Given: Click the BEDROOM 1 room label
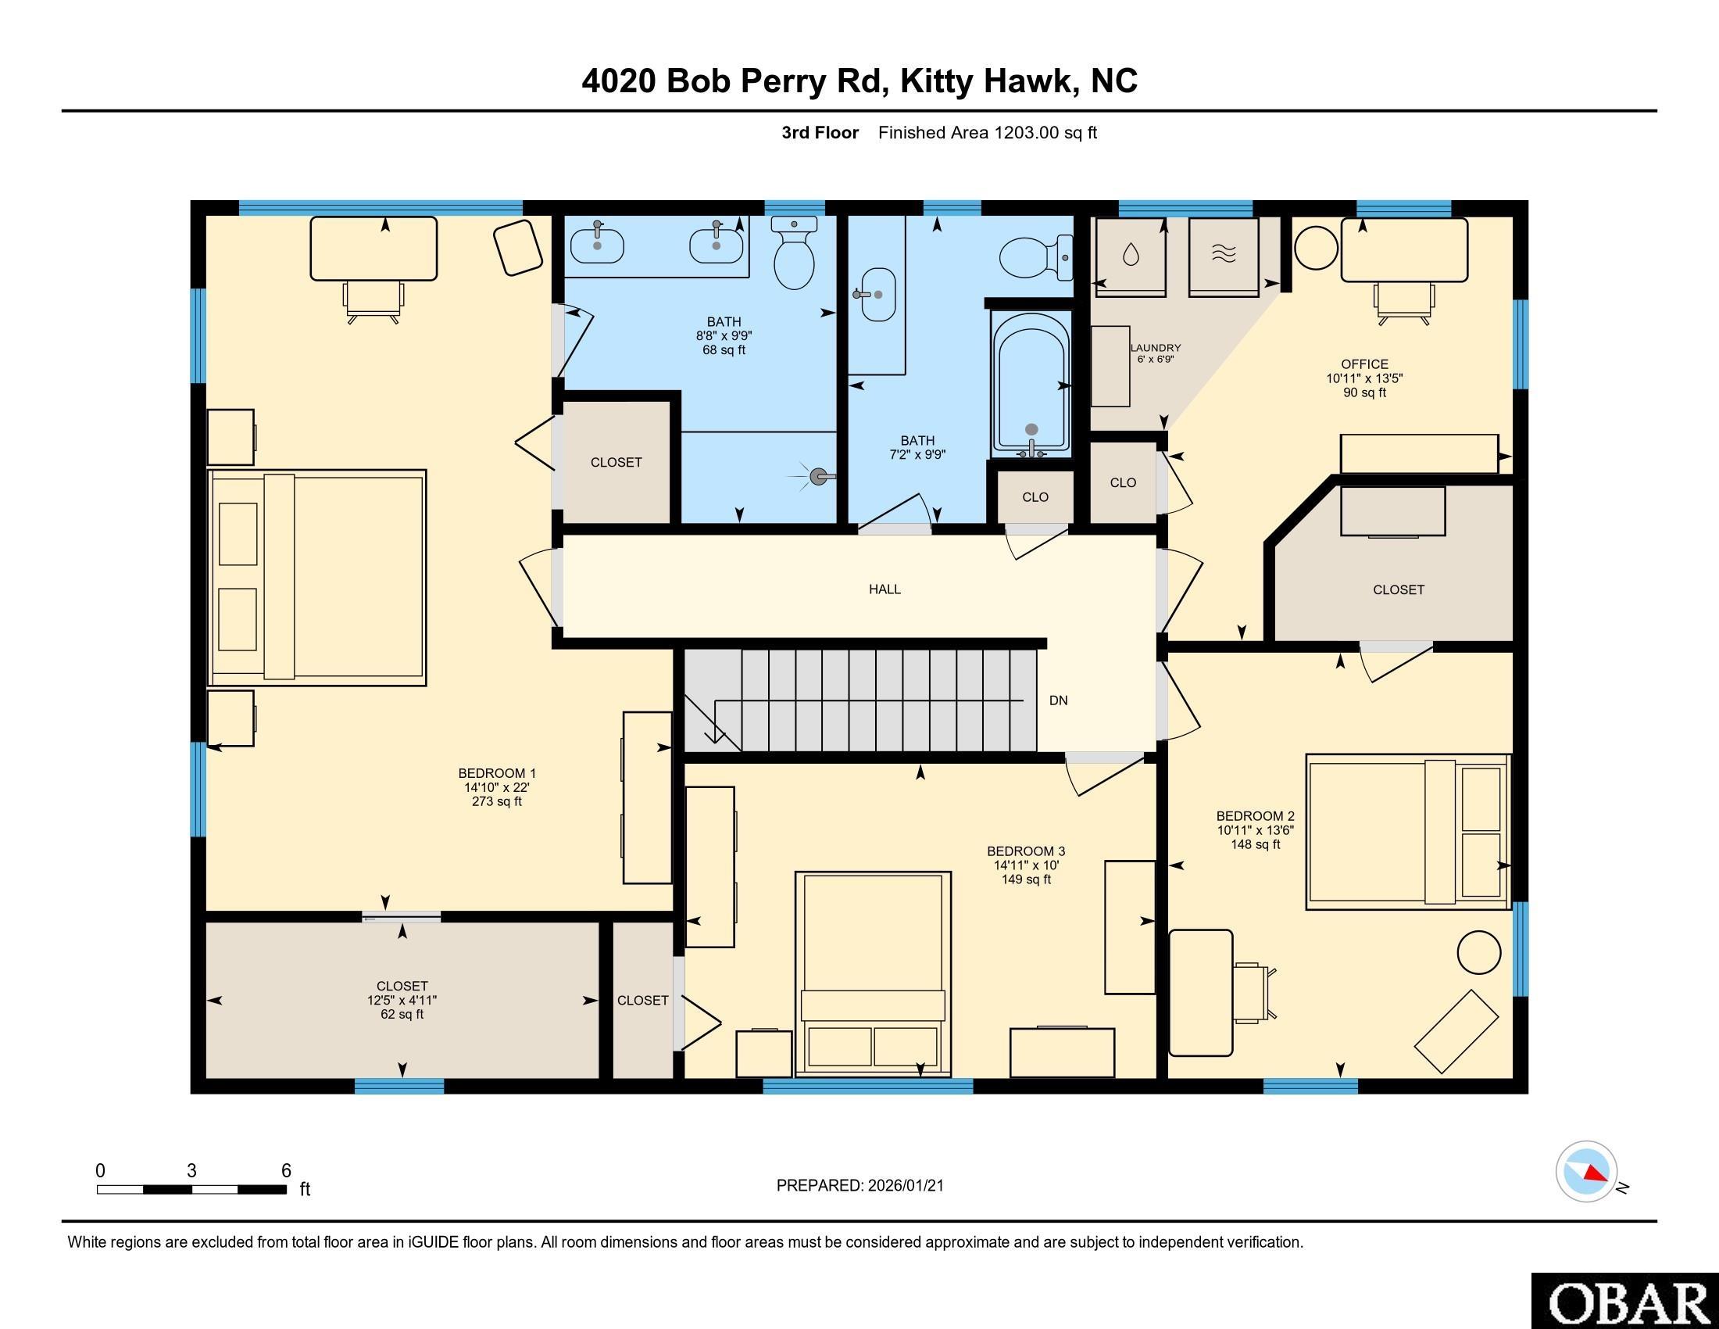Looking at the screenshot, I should pos(496,773).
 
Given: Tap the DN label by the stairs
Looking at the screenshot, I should pos(1058,700).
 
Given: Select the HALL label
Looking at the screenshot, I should pos(885,589).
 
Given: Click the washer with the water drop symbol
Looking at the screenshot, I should pos(1131,255).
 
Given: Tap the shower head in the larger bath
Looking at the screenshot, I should pos(819,475).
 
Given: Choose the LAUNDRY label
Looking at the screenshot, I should pos(1156,347).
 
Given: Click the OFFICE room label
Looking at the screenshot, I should pos(1364,364).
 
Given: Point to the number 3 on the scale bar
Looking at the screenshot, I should pos(191,1171).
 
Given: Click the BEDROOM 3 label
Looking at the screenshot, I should pos(1026,851).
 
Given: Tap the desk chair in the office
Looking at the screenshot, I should pos(1403,303).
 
